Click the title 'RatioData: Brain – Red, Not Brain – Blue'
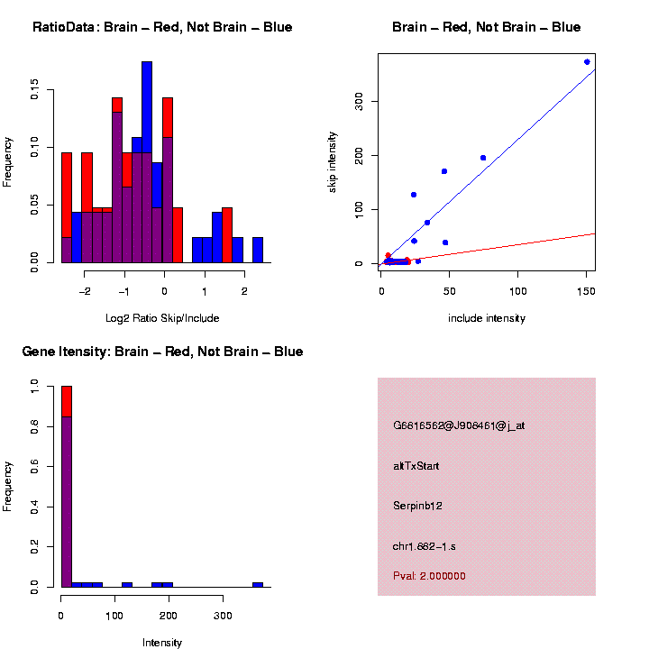(x=162, y=27)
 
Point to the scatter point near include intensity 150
(x=587, y=62)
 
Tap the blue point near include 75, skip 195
(x=483, y=158)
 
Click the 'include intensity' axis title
(x=487, y=318)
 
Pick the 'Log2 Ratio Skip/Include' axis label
(x=162, y=318)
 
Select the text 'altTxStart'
(x=416, y=466)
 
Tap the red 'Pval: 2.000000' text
(x=429, y=576)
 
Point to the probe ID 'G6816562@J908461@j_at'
(x=459, y=425)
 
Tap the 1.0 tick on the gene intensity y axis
(x=35, y=386)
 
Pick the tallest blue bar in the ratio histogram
(x=147, y=108)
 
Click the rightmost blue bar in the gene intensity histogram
(x=258, y=585)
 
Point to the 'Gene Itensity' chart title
(x=162, y=352)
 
